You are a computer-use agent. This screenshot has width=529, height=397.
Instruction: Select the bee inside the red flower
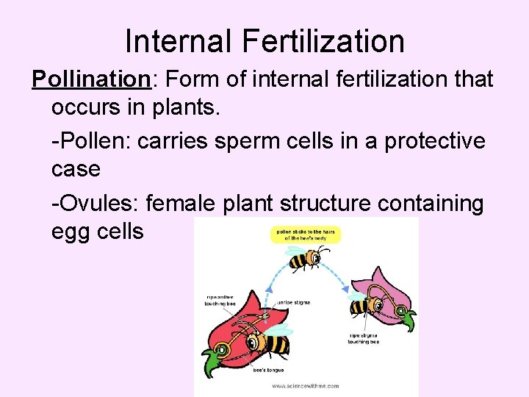click(x=267, y=342)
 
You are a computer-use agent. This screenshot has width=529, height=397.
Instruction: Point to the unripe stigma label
click(x=292, y=301)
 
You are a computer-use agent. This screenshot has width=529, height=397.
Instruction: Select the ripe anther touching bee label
click(x=220, y=301)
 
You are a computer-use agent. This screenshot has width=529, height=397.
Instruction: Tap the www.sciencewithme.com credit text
click(x=305, y=385)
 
